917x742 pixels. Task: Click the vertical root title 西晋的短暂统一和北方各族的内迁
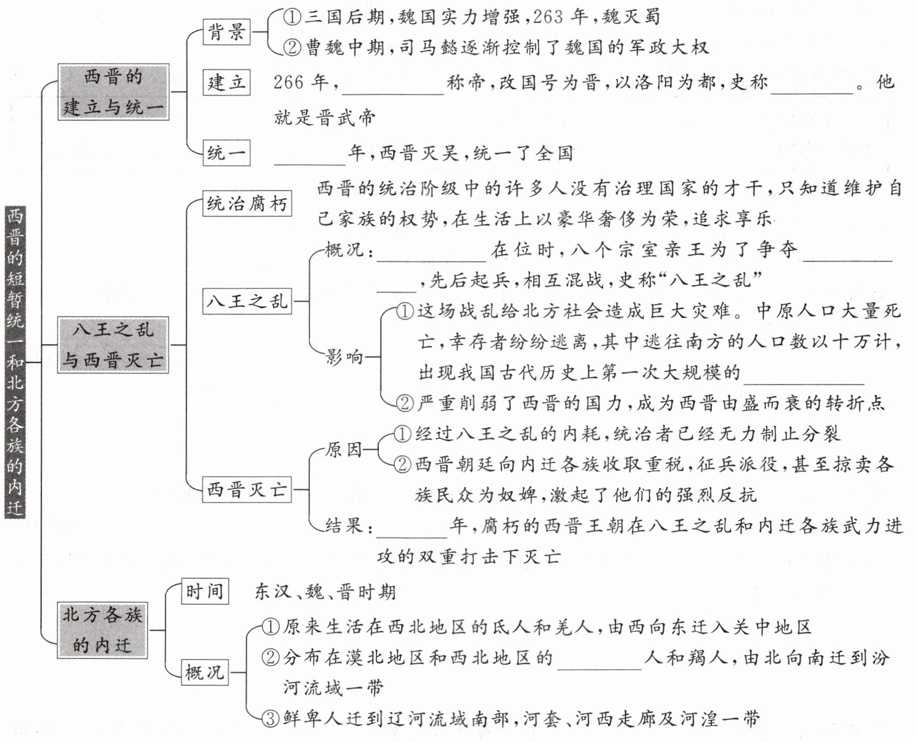pos(15,362)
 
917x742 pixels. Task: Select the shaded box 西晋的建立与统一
pos(113,92)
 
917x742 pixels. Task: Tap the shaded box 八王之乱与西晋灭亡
pos(113,345)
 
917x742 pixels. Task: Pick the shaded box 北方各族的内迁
pos(102,630)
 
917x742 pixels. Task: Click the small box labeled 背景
pos(227,32)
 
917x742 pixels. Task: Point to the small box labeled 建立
pos(227,83)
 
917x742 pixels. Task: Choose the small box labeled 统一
pos(227,153)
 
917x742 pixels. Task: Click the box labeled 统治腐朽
pos(247,204)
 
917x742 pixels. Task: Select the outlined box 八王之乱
pos(247,301)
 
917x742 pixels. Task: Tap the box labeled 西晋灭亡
pos(247,490)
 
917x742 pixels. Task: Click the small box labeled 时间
pos(205,592)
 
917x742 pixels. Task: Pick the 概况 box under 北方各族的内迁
pos(205,672)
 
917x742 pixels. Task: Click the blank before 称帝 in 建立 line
pos(392,86)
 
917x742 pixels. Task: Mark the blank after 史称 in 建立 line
pos(812,86)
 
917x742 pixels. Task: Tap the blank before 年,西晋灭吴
pos(310,157)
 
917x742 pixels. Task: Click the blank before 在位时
pos(431,253)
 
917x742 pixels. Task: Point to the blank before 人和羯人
pos(599,661)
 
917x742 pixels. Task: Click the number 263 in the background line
pos(548,17)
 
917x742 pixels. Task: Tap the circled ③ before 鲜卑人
pos(270,719)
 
